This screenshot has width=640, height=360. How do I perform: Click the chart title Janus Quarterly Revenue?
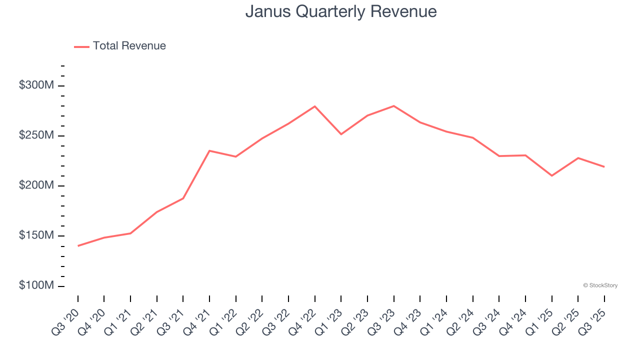pos(341,11)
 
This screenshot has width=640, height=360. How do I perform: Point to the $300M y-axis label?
pos(36,85)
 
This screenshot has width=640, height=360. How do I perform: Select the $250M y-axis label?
pos(36,135)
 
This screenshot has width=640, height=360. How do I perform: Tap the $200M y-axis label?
pos(36,185)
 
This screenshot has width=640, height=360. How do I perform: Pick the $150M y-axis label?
pos(36,235)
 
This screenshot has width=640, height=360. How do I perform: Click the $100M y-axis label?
pos(36,285)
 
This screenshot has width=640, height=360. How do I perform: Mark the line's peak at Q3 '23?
pos(394,106)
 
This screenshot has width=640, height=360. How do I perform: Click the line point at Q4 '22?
pos(315,106)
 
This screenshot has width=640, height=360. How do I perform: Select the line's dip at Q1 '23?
pos(341,134)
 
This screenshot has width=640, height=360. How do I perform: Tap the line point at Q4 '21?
pos(209,150)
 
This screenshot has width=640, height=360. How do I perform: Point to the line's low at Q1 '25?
pos(551,175)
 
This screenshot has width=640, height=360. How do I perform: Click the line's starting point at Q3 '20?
pos(78,245)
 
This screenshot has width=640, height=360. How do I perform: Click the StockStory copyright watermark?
pos(600,285)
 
